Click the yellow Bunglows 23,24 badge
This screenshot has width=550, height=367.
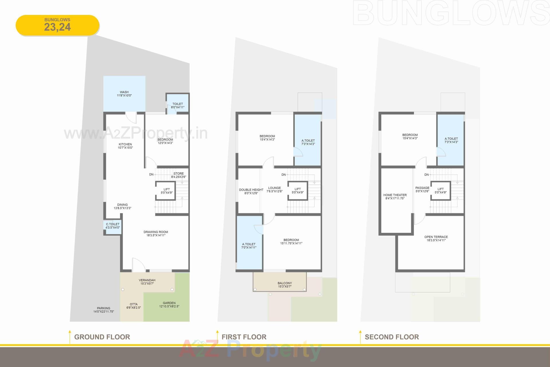click(x=57, y=25)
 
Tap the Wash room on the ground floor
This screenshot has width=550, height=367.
click(x=124, y=93)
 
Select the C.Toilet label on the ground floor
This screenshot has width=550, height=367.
click(x=113, y=224)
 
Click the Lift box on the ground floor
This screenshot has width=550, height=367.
click(x=166, y=191)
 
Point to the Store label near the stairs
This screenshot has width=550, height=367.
click(x=178, y=173)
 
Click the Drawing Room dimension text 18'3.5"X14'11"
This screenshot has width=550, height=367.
click(x=156, y=235)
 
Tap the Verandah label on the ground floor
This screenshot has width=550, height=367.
click(x=147, y=280)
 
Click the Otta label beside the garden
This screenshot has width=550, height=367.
click(x=133, y=304)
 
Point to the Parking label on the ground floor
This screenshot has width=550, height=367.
click(x=103, y=308)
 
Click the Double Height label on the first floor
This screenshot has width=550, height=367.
click(x=251, y=190)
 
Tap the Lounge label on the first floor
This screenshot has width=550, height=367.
click(x=274, y=188)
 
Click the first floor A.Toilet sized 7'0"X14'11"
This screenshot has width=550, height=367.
click(x=249, y=245)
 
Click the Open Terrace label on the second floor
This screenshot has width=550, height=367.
click(x=436, y=237)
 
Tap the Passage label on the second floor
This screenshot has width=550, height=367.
click(x=422, y=188)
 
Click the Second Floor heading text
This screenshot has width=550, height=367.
click(x=392, y=337)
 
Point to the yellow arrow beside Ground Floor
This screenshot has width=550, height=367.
click(x=70, y=337)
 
